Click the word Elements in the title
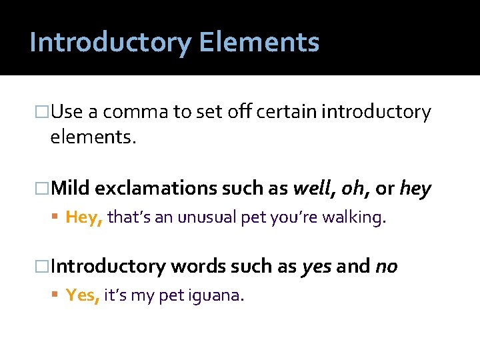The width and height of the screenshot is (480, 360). click(259, 42)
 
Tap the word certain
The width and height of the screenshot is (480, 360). click(285, 112)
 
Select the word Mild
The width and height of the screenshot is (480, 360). click(70, 189)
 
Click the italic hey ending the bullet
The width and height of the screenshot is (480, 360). click(415, 189)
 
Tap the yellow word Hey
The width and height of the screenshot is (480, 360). click(83, 217)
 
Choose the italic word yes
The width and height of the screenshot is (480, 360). click(317, 267)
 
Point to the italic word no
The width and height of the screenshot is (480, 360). click(387, 267)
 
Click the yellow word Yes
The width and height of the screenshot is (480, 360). click(82, 295)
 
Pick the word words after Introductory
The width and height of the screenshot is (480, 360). click(197, 267)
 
